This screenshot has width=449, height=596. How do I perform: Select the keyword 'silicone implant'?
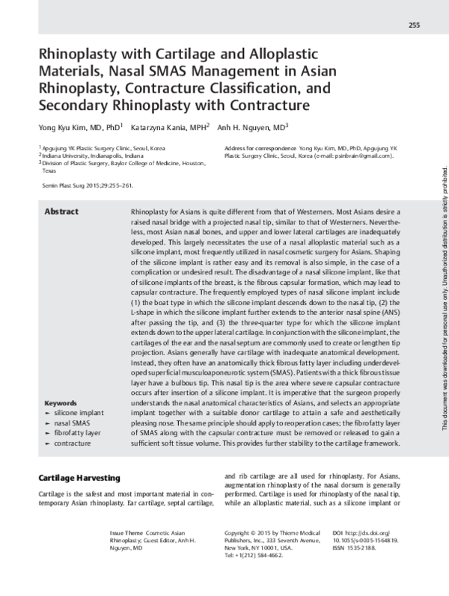[x=79, y=413]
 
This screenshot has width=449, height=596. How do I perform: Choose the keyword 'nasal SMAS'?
[x=74, y=423]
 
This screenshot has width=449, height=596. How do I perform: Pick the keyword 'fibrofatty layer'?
[x=79, y=434]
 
